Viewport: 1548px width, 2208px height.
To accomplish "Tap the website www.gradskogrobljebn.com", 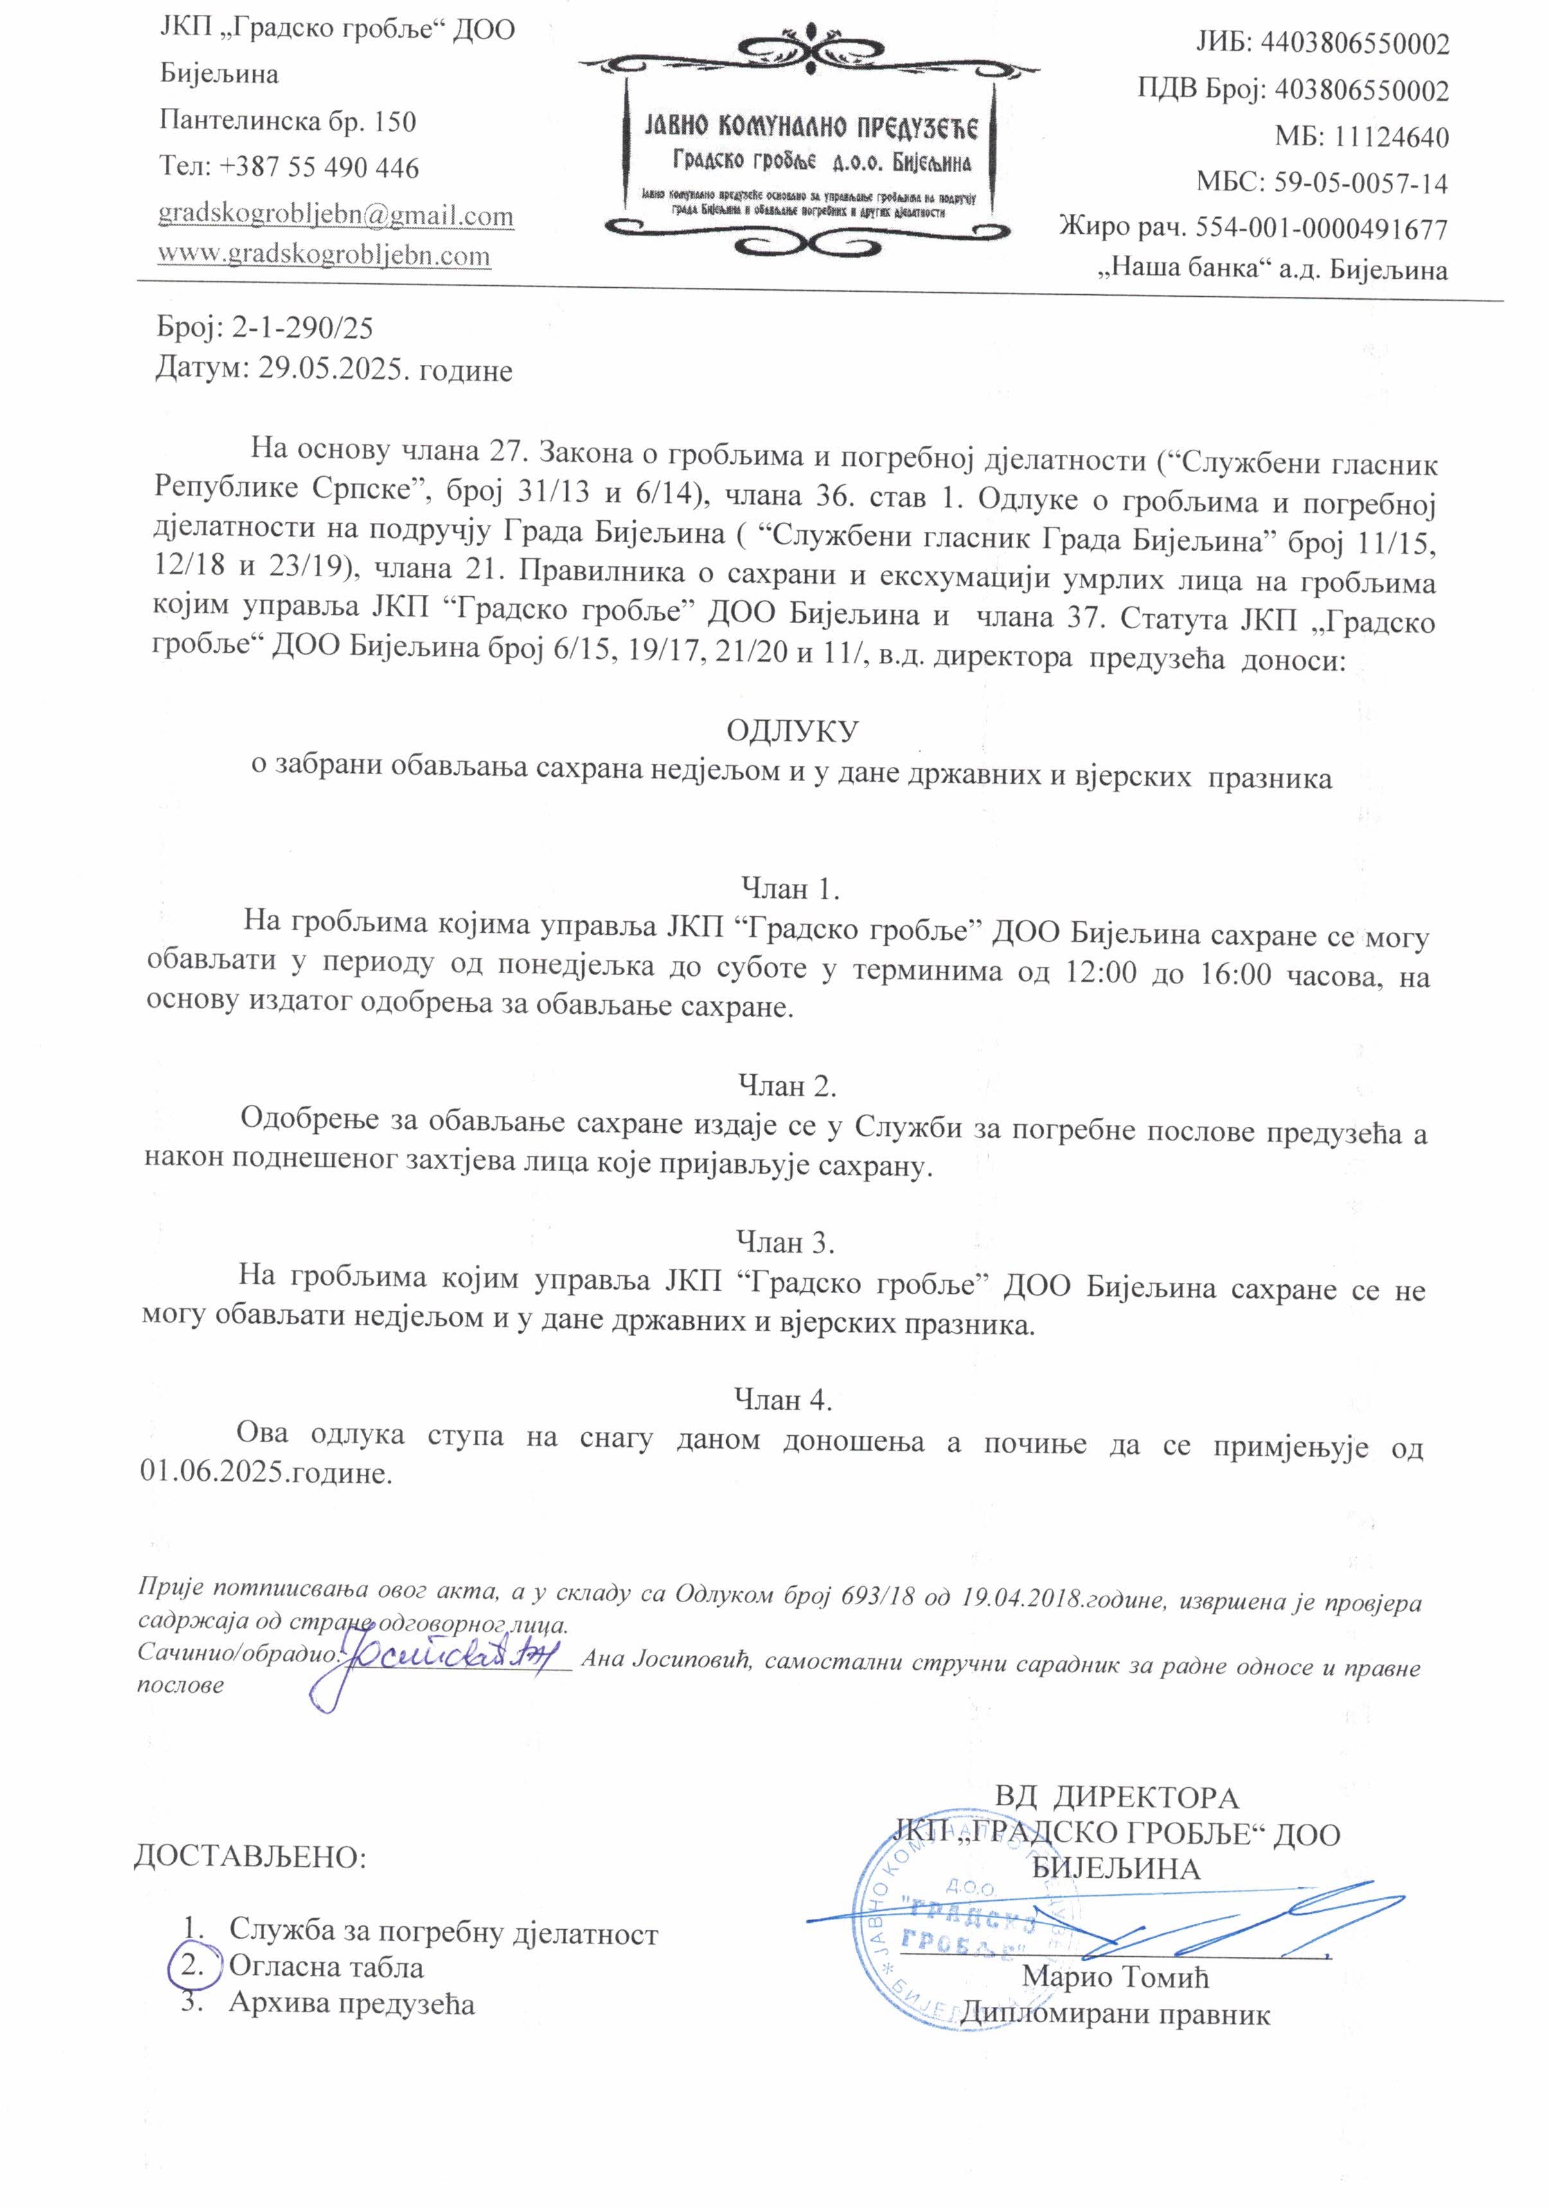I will point(325,255).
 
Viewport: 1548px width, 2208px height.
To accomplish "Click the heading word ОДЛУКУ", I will point(791,731).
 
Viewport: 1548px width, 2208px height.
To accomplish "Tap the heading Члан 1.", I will point(791,888).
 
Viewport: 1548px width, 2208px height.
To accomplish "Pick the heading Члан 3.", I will point(785,1242).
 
